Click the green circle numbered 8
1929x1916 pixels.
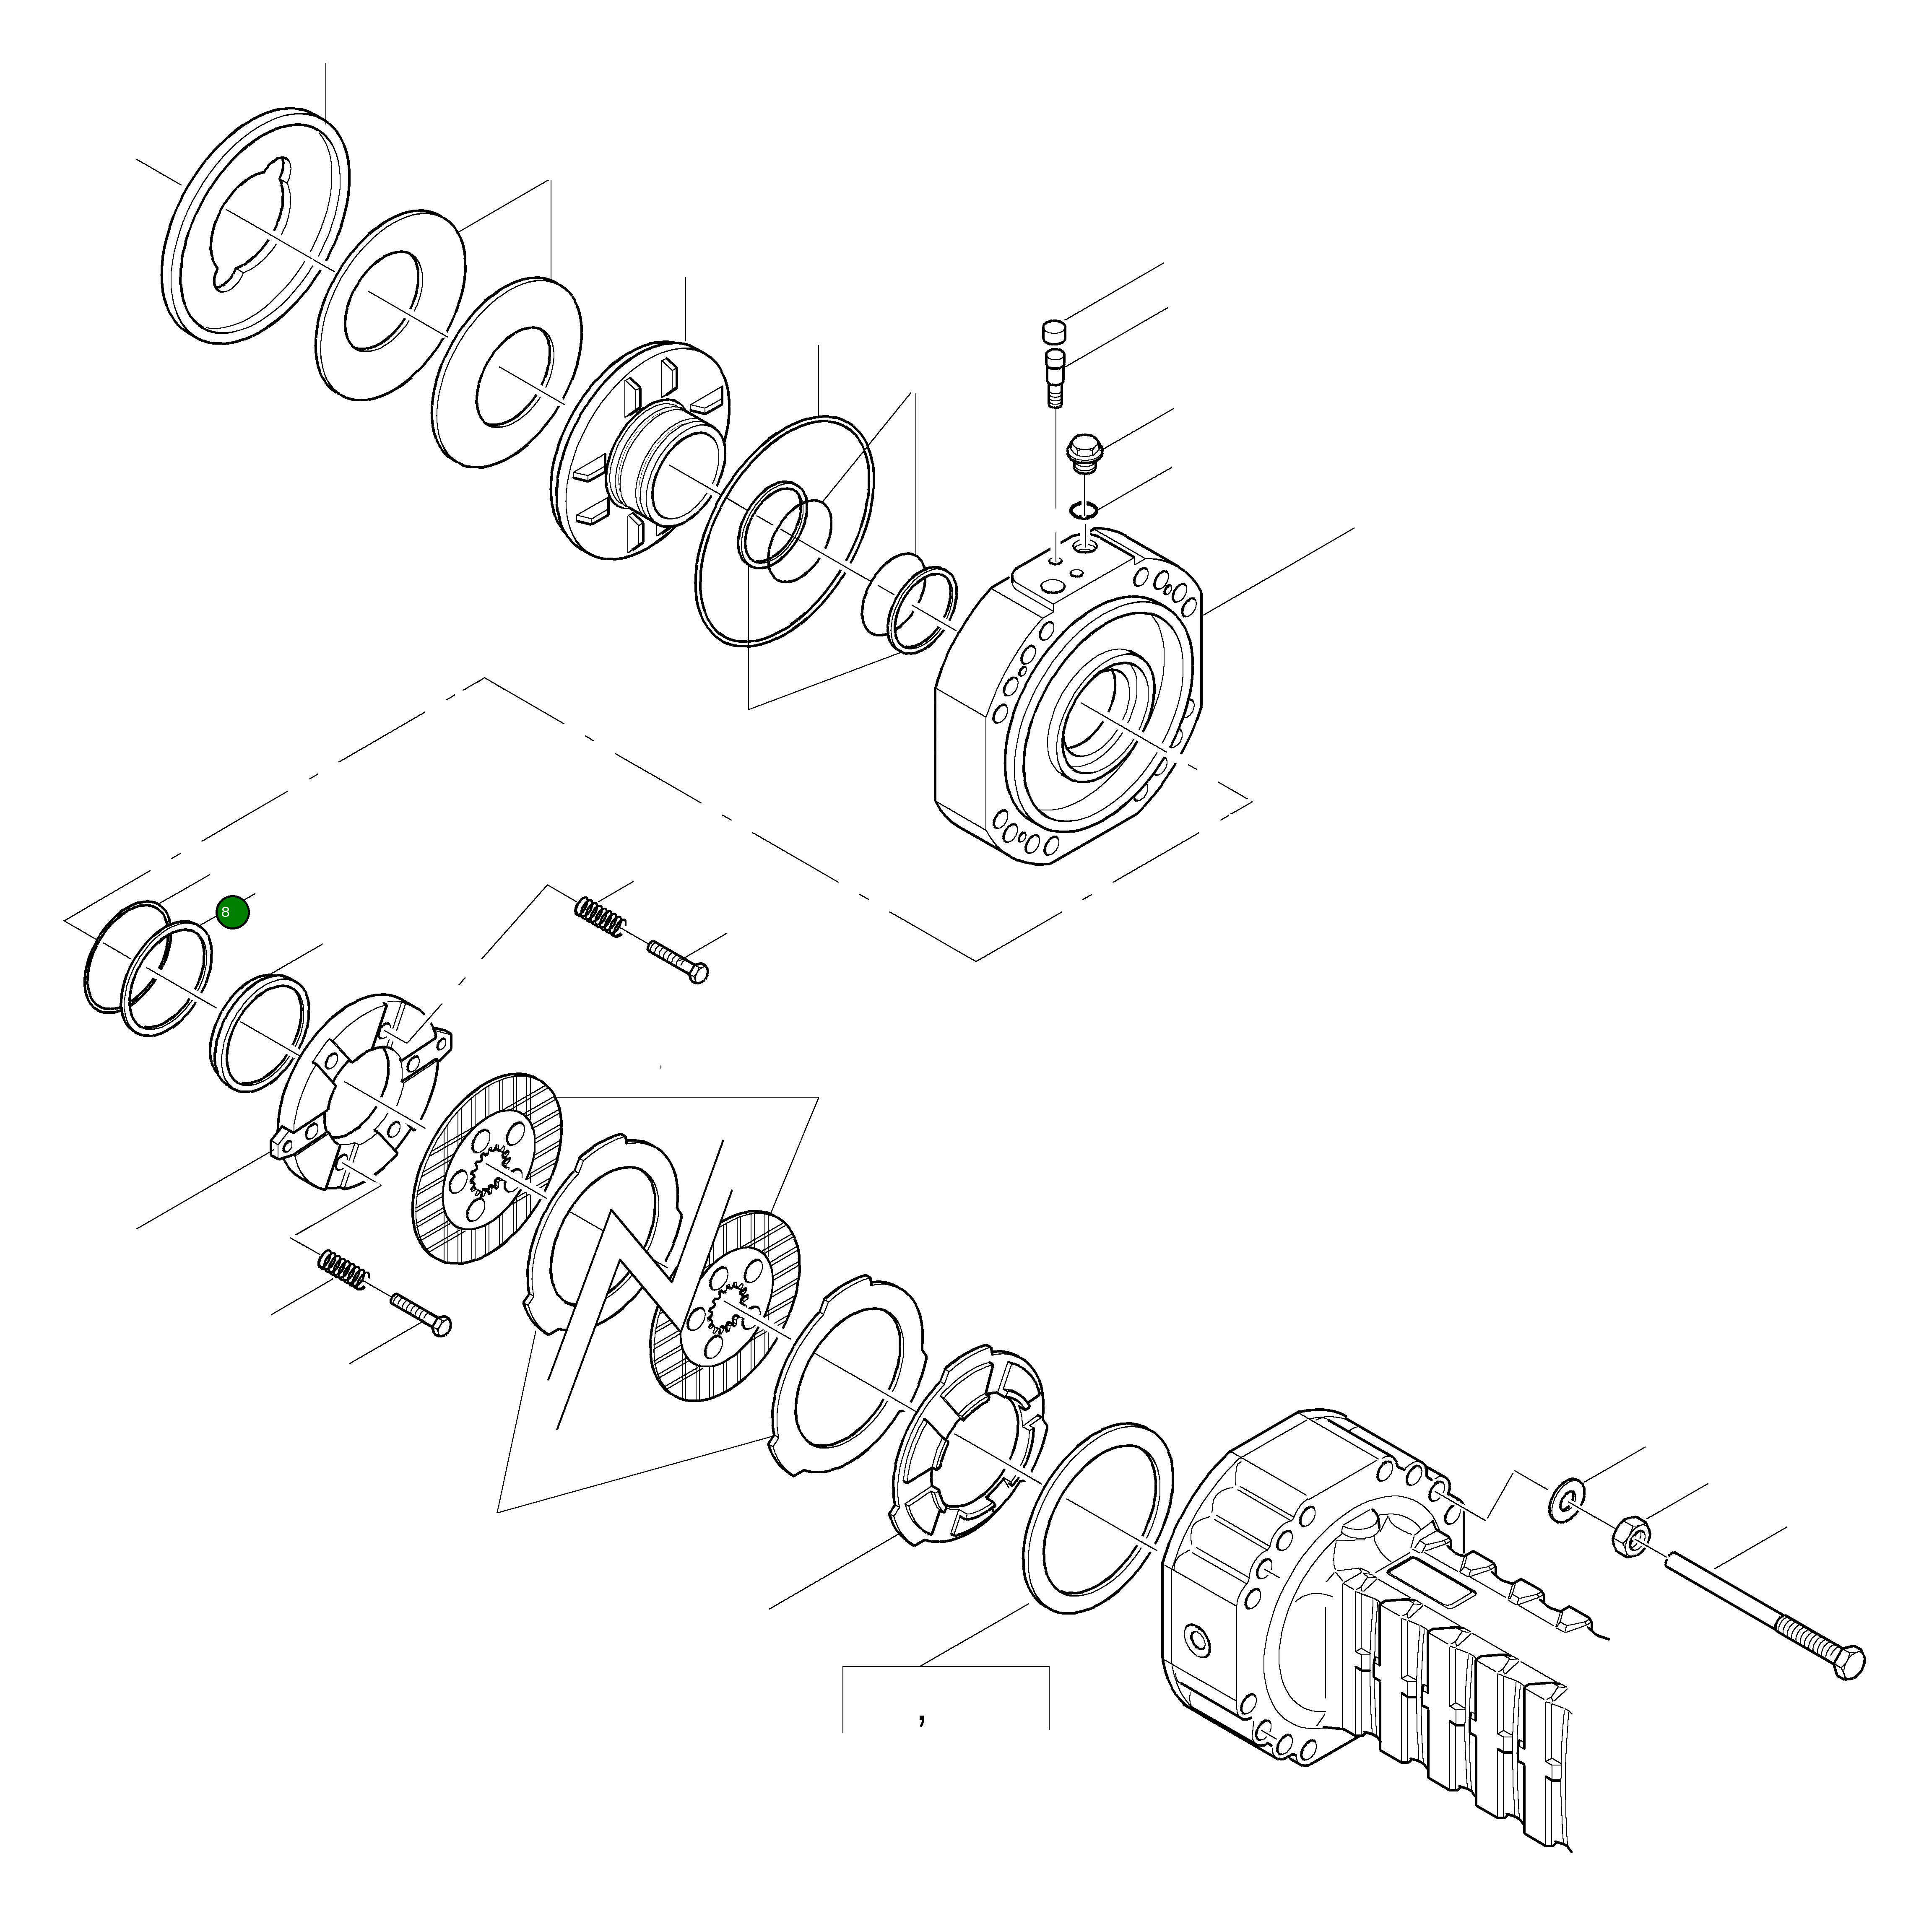[x=231, y=911]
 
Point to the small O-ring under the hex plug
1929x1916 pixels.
[x=1082, y=511]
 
